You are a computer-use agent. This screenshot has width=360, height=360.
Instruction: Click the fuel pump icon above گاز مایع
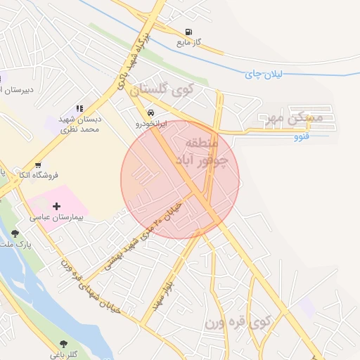click(x=188, y=32)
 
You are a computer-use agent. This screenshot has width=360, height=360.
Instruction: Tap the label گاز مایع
click(x=188, y=43)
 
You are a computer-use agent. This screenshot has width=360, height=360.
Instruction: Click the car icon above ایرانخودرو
click(x=150, y=112)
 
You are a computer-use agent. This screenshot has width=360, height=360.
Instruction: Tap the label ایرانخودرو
click(x=150, y=123)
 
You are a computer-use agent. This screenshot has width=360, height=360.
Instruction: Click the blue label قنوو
click(x=302, y=137)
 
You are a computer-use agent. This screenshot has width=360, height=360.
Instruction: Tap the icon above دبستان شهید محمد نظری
click(x=79, y=108)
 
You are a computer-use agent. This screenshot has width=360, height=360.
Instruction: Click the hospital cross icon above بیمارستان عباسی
click(x=57, y=206)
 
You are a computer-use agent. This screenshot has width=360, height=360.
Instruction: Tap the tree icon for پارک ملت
click(x=15, y=234)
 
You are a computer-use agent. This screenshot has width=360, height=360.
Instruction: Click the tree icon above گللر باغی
click(x=64, y=344)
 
